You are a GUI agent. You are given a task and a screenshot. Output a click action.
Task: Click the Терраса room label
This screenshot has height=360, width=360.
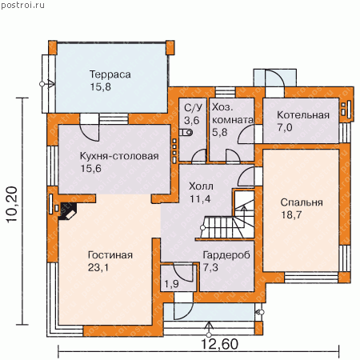tap(110, 74)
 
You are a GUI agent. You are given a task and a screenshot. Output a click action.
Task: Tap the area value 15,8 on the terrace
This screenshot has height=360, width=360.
tap(100, 87)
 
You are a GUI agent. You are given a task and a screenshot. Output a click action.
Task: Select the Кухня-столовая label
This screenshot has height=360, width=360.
tap(119, 156)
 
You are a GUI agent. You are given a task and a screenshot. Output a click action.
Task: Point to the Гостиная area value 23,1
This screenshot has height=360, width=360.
tap(98, 267)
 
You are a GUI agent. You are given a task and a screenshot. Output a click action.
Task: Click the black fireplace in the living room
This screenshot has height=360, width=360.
tap(67, 211)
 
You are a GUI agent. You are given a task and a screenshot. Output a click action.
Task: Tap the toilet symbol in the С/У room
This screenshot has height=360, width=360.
tap(186, 132)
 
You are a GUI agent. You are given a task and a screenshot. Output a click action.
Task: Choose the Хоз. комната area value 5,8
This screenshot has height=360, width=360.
tap(220, 132)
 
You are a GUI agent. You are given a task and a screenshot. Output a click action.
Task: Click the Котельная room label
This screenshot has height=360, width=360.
tap(303, 115)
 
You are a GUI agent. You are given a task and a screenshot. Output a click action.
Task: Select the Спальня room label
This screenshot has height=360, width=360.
tap(302, 202)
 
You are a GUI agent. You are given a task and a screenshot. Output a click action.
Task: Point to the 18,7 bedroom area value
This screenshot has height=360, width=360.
tap(291, 215)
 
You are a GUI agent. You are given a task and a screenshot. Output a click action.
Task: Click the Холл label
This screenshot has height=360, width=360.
tap(201, 186)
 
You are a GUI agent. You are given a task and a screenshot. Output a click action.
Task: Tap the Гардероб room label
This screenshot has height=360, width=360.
tap(226, 255)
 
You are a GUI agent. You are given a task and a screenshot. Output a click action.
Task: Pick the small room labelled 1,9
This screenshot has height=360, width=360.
tap(171, 284)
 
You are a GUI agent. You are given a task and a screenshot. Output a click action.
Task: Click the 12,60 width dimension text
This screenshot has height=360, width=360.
tap(219, 344)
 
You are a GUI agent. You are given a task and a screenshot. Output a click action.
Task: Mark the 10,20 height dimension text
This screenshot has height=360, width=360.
tap(12, 204)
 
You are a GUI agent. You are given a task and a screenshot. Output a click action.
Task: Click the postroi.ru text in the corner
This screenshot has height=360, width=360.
tap(22, 5)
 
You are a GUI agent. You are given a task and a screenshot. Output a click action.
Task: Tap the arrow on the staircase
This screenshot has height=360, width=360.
tap(243, 213)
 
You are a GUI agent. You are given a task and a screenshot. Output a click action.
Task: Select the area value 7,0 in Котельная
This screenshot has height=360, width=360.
tap(285, 128)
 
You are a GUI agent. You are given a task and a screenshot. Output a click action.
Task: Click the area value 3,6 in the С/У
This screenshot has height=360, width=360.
tap(191, 120)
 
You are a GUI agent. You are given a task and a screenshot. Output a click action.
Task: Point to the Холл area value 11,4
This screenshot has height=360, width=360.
tap(200, 199)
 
